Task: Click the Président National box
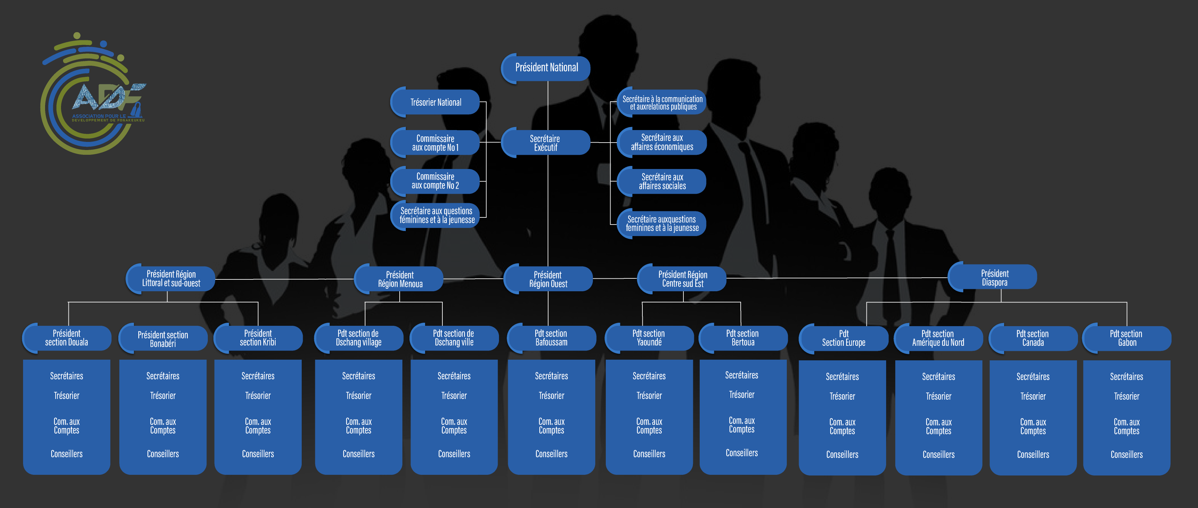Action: coord(546,68)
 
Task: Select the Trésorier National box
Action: coord(435,102)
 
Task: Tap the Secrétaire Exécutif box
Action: coord(545,143)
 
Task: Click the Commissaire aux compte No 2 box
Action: coord(435,181)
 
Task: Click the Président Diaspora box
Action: coord(994,277)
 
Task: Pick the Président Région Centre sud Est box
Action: coord(682,279)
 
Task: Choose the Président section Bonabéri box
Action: coord(163,339)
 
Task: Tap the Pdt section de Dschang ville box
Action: coord(454,338)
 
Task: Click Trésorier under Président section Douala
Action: coord(66,396)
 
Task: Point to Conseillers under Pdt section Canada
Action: coord(1033,454)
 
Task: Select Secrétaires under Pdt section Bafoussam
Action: coord(551,376)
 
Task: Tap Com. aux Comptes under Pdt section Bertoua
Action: coord(741,425)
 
